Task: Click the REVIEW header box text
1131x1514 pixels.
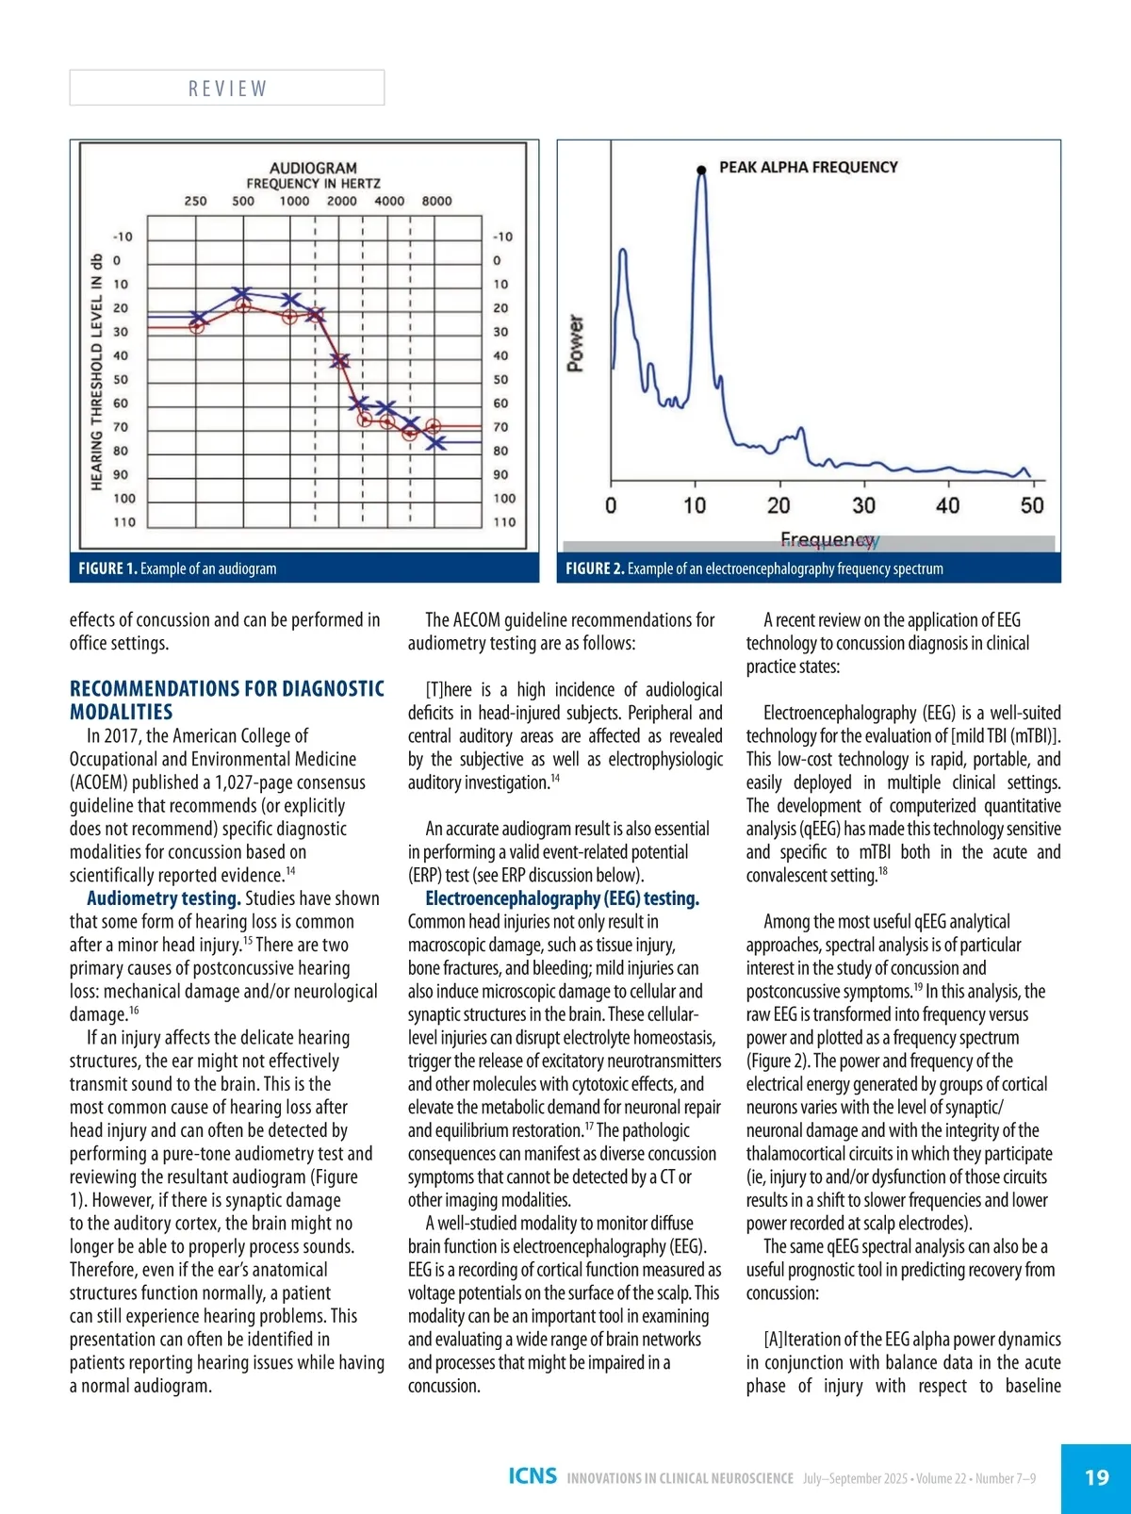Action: tap(227, 89)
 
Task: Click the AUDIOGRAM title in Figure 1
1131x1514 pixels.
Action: tap(313, 168)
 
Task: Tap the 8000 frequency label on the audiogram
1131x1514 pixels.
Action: tap(436, 201)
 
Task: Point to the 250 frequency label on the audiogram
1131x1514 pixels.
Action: tap(195, 201)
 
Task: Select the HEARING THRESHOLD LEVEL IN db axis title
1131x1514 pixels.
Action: tap(96, 371)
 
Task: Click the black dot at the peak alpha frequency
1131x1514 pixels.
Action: tap(701, 170)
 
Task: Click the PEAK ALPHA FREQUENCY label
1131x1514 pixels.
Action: tap(808, 167)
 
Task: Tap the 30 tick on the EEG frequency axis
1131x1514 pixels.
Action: tap(863, 506)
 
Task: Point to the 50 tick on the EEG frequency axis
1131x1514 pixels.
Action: tap(1032, 506)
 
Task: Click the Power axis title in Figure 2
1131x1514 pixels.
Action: tap(575, 343)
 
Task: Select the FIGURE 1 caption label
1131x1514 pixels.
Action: tap(107, 568)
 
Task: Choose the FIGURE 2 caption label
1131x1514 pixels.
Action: tap(595, 568)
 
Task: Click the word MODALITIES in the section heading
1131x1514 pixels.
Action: tap(121, 712)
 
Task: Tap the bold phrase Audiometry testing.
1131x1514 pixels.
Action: tap(163, 898)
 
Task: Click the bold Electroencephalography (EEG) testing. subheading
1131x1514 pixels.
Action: tap(562, 898)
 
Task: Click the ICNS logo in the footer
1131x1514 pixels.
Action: tap(533, 1476)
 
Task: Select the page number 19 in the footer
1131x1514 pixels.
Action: tap(1096, 1477)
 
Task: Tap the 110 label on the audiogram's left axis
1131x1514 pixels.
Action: tap(124, 522)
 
